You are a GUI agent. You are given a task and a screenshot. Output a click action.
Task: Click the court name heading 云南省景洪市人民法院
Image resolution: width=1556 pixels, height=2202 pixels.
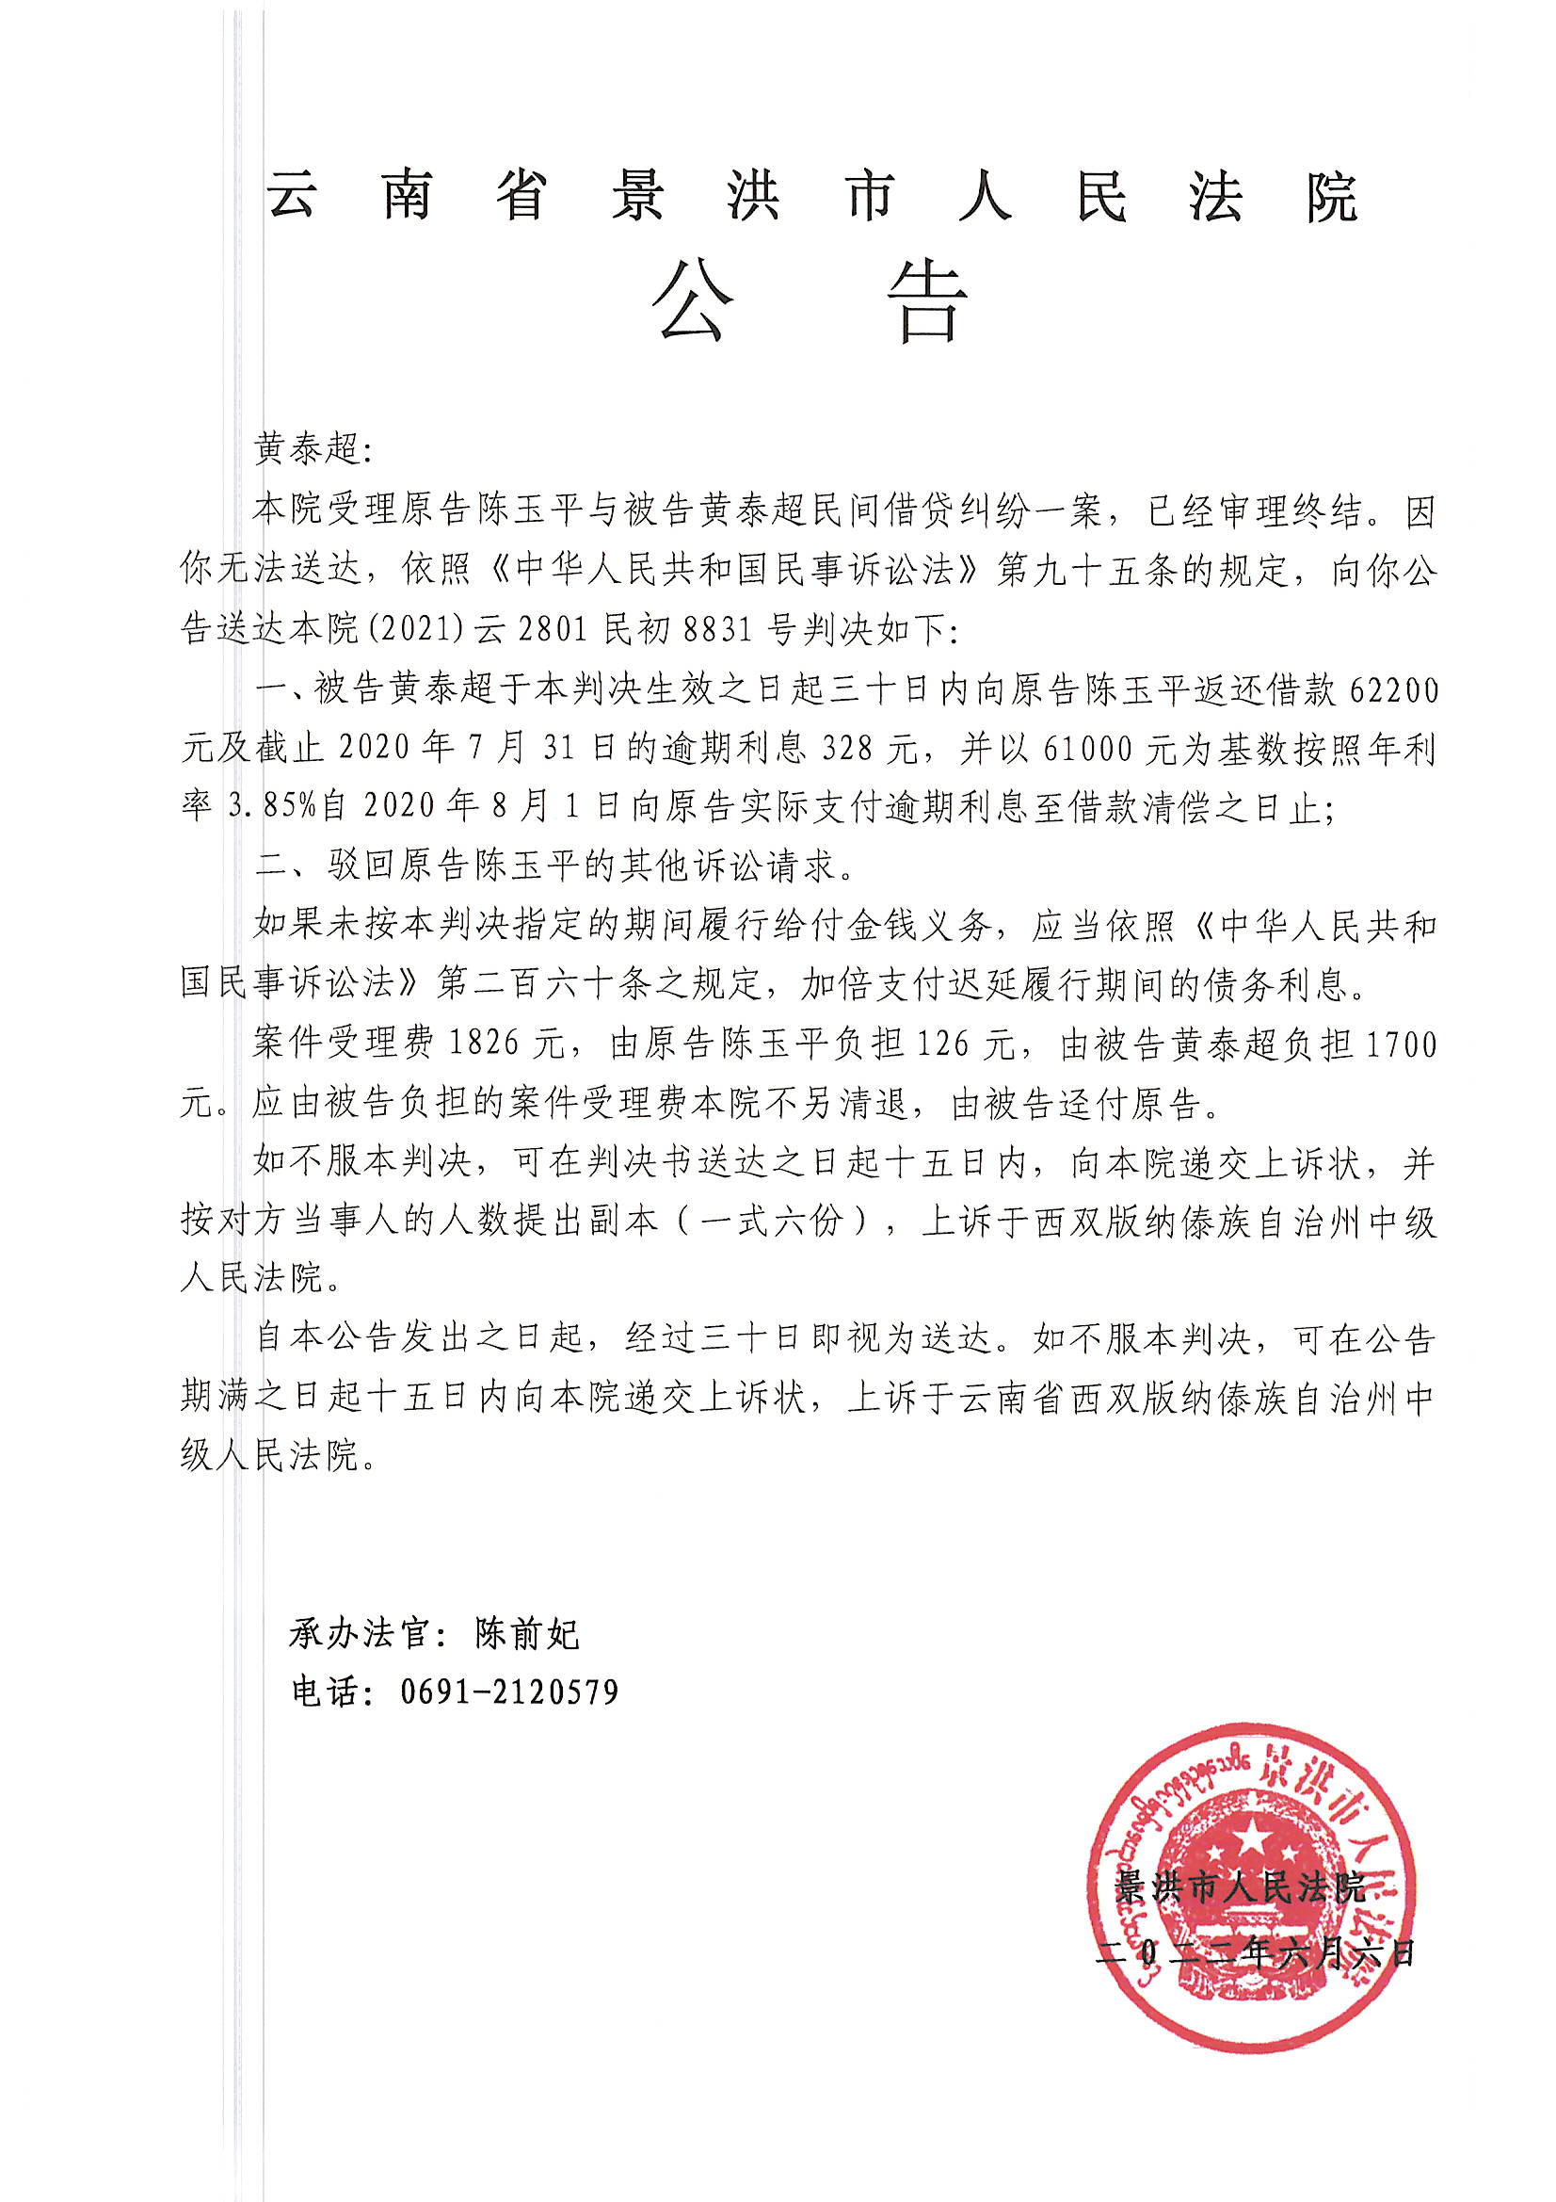pos(811,197)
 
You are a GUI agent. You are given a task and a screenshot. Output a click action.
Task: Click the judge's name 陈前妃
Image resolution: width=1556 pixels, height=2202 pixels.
pos(527,1633)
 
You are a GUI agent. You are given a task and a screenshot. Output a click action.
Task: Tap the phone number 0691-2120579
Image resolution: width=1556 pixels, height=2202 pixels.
pos(509,1692)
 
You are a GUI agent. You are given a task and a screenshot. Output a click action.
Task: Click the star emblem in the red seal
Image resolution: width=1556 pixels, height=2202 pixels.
pos(1251,1837)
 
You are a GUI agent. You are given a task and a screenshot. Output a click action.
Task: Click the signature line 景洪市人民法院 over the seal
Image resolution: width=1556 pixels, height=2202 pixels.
pos(1239,1886)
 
